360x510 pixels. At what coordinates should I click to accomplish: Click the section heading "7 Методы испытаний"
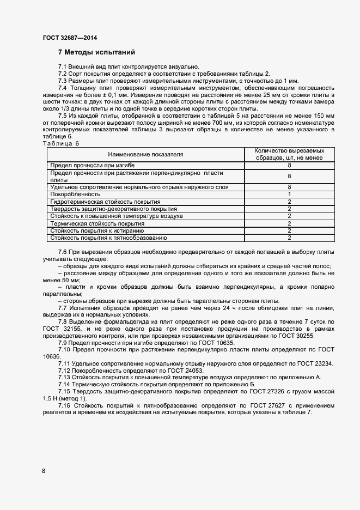[96, 52]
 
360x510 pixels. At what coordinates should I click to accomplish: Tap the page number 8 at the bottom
[44, 471]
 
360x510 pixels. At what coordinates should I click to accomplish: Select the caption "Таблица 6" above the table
[60, 143]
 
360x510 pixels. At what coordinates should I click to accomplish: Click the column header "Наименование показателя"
[145, 154]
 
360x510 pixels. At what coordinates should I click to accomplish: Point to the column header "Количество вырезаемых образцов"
[289, 154]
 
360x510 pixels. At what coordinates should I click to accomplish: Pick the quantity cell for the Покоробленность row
[289, 194]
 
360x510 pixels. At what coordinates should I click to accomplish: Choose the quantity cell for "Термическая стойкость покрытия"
[289, 223]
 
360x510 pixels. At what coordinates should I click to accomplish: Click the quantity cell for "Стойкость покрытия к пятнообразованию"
[289, 238]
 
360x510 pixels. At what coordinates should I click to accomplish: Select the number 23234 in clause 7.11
[322, 363]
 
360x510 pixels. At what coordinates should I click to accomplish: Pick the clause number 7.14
[64, 384]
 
